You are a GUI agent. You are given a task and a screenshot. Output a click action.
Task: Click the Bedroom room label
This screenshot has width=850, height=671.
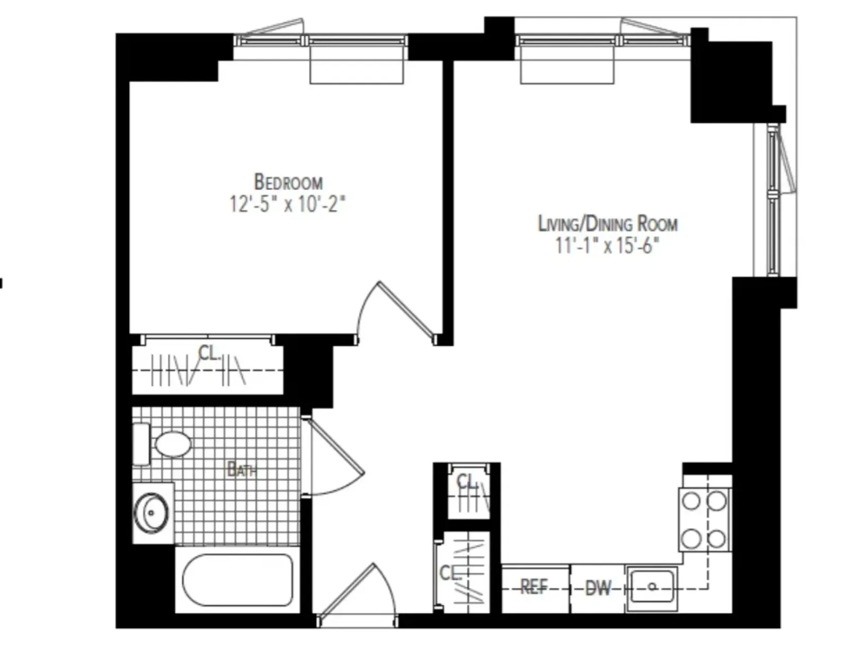(x=288, y=182)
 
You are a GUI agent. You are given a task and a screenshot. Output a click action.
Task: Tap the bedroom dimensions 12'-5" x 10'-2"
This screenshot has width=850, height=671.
(x=287, y=204)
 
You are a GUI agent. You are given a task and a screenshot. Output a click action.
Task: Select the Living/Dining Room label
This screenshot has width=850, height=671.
(x=608, y=224)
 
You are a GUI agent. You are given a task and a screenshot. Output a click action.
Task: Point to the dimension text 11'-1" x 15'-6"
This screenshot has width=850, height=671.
(x=608, y=246)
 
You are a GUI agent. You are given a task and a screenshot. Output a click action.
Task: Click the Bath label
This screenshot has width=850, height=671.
(x=242, y=469)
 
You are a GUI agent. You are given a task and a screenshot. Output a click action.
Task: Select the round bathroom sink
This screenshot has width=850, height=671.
(x=151, y=513)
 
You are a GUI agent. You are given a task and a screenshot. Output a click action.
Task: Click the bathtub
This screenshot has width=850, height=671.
(x=238, y=580)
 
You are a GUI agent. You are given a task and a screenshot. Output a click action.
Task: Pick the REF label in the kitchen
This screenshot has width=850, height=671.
(x=534, y=587)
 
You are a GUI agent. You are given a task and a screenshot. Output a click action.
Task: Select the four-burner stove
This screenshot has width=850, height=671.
(x=704, y=520)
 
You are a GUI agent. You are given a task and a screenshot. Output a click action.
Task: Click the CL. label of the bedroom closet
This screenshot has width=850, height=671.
(x=209, y=353)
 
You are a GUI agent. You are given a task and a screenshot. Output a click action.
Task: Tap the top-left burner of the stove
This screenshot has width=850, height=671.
(x=691, y=501)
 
